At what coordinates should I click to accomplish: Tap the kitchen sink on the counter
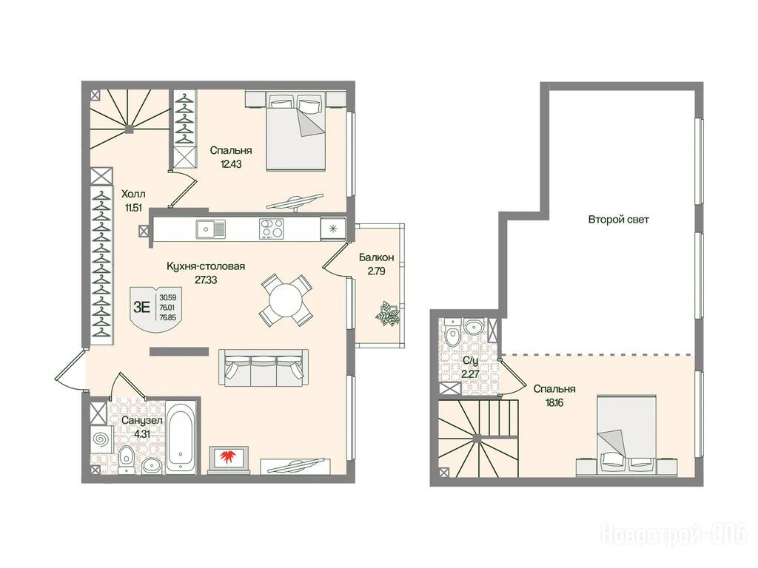[211, 229]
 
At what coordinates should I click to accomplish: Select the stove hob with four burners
[272, 229]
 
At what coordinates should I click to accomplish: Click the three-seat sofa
[264, 367]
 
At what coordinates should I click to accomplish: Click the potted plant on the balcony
[388, 314]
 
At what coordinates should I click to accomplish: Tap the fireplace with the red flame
[228, 458]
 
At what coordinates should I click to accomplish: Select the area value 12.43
[231, 163]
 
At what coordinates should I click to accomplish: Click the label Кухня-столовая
[206, 266]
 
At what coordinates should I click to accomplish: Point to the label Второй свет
[618, 219]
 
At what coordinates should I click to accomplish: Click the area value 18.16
[554, 402]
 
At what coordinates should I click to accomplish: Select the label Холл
[133, 195]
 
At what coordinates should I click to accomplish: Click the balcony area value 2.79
[376, 271]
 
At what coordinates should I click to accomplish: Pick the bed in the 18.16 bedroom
[626, 436]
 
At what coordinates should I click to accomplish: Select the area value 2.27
[470, 373]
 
